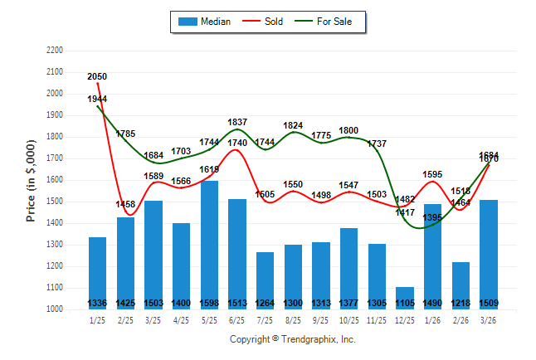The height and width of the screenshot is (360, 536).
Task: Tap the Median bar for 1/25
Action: [98, 273]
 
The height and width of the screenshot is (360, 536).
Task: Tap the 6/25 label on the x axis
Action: [237, 320]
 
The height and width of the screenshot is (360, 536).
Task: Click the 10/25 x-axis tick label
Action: [349, 320]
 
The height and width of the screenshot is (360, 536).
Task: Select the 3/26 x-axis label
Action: [489, 320]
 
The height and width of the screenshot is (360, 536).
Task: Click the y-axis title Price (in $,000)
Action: [31, 180]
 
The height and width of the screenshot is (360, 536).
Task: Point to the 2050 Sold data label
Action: [97, 76]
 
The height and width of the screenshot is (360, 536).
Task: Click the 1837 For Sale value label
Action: [237, 123]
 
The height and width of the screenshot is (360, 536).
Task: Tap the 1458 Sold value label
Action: [125, 204]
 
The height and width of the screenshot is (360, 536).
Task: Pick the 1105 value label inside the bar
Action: [405, 303]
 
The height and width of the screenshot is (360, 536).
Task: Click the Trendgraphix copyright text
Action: [292, 339]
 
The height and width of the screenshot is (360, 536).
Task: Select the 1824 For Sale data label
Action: [293, 126]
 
